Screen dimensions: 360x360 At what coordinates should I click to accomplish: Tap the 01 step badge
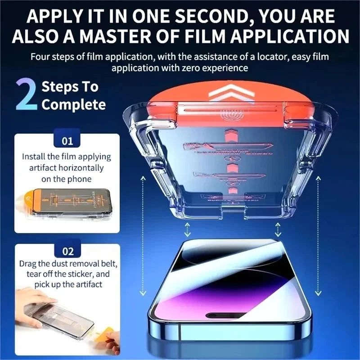(67, 141)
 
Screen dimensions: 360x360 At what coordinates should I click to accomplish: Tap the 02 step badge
(67, 251)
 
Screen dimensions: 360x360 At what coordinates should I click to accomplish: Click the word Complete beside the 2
(73, 105)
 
